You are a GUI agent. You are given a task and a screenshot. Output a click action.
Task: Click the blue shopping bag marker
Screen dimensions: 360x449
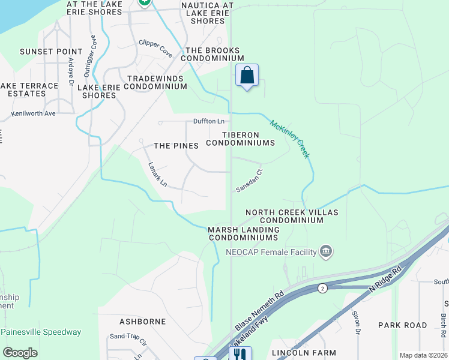pyautogui.click(x=247, y=76)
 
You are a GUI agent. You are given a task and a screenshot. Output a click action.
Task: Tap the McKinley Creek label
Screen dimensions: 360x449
pyautogui.click(x=290, y=139)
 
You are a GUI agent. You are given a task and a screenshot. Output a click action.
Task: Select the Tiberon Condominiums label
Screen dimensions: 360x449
pyautogui.click(x=240, y=139)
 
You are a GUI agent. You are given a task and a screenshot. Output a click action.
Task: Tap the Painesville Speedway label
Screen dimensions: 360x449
pyautogui.click(x=41, y=332)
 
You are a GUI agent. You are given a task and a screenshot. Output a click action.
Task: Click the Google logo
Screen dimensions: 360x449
pyautogui.click(x=20, y=353)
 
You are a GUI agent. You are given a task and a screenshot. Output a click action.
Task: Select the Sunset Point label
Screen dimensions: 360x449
pyautogui.click(x=51, y=52)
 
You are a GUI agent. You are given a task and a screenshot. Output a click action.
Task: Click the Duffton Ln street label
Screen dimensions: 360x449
pyautogui.click(x=208, y=121)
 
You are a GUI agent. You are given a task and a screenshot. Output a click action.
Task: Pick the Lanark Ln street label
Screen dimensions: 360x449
pyautogui.click(x=158, y=175)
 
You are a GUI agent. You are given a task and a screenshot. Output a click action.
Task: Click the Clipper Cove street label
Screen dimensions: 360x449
pyautogui.click(x=155, y=49)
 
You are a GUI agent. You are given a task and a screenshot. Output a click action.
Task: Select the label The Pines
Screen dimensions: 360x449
pyautogui.click(x=176, y=146)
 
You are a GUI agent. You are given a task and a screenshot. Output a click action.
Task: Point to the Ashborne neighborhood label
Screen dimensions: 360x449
pyautogui.click(x=142, y=322)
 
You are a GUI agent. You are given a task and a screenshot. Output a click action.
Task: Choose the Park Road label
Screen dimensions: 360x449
pyautogui.click(x=402, y=325)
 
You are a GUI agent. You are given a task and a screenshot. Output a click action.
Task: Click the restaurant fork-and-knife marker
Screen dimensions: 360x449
pyautogui.click(x=241, y=354)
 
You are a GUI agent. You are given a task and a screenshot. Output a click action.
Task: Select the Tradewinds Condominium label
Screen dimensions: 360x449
pyautogui.click(x=157, y=83)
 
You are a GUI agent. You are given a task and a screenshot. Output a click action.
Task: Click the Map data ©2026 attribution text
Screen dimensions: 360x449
pyautogui.click(x=424, y=355)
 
